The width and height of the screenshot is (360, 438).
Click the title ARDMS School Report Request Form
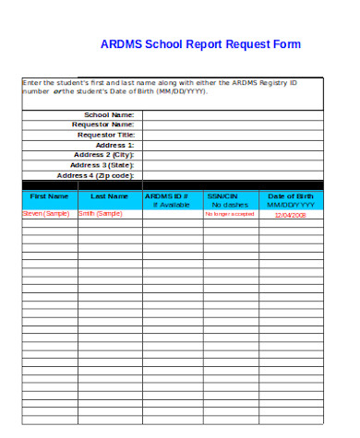pyautogui.click(x=200, y=44)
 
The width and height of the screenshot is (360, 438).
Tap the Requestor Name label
pyautogui.click(x=103, y=124)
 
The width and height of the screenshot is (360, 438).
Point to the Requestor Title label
pyautogui.click(x=104, y=135)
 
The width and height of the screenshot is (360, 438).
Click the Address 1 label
pyautogui.click(x=115, y=145)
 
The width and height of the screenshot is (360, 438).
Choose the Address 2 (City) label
pyautogui.click(x=104, y=155)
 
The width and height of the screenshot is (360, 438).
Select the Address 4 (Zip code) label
pyautogui.click(x=96, y=175)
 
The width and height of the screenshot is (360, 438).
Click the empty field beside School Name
pyautogui.click(x=231, y=114)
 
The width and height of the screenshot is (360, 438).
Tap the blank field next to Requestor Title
pyautogui.click(x=231, y=135)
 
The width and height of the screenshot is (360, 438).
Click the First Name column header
pyautogui.click(x=49, y=196)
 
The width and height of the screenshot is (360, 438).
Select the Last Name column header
pyautogui.click(x=109, y=196)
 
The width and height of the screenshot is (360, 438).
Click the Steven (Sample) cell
pyautogui.click(x=45, y=214)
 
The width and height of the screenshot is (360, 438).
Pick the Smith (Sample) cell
pyautogui.click(x=100, y=214)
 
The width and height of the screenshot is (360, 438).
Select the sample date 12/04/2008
pyautogui.click(x=290, y=215)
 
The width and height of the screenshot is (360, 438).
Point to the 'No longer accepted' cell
pyautogui.click(x=229, y=214)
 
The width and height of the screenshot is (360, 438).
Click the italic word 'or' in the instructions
pyautogui.click(x=57, y=92)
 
